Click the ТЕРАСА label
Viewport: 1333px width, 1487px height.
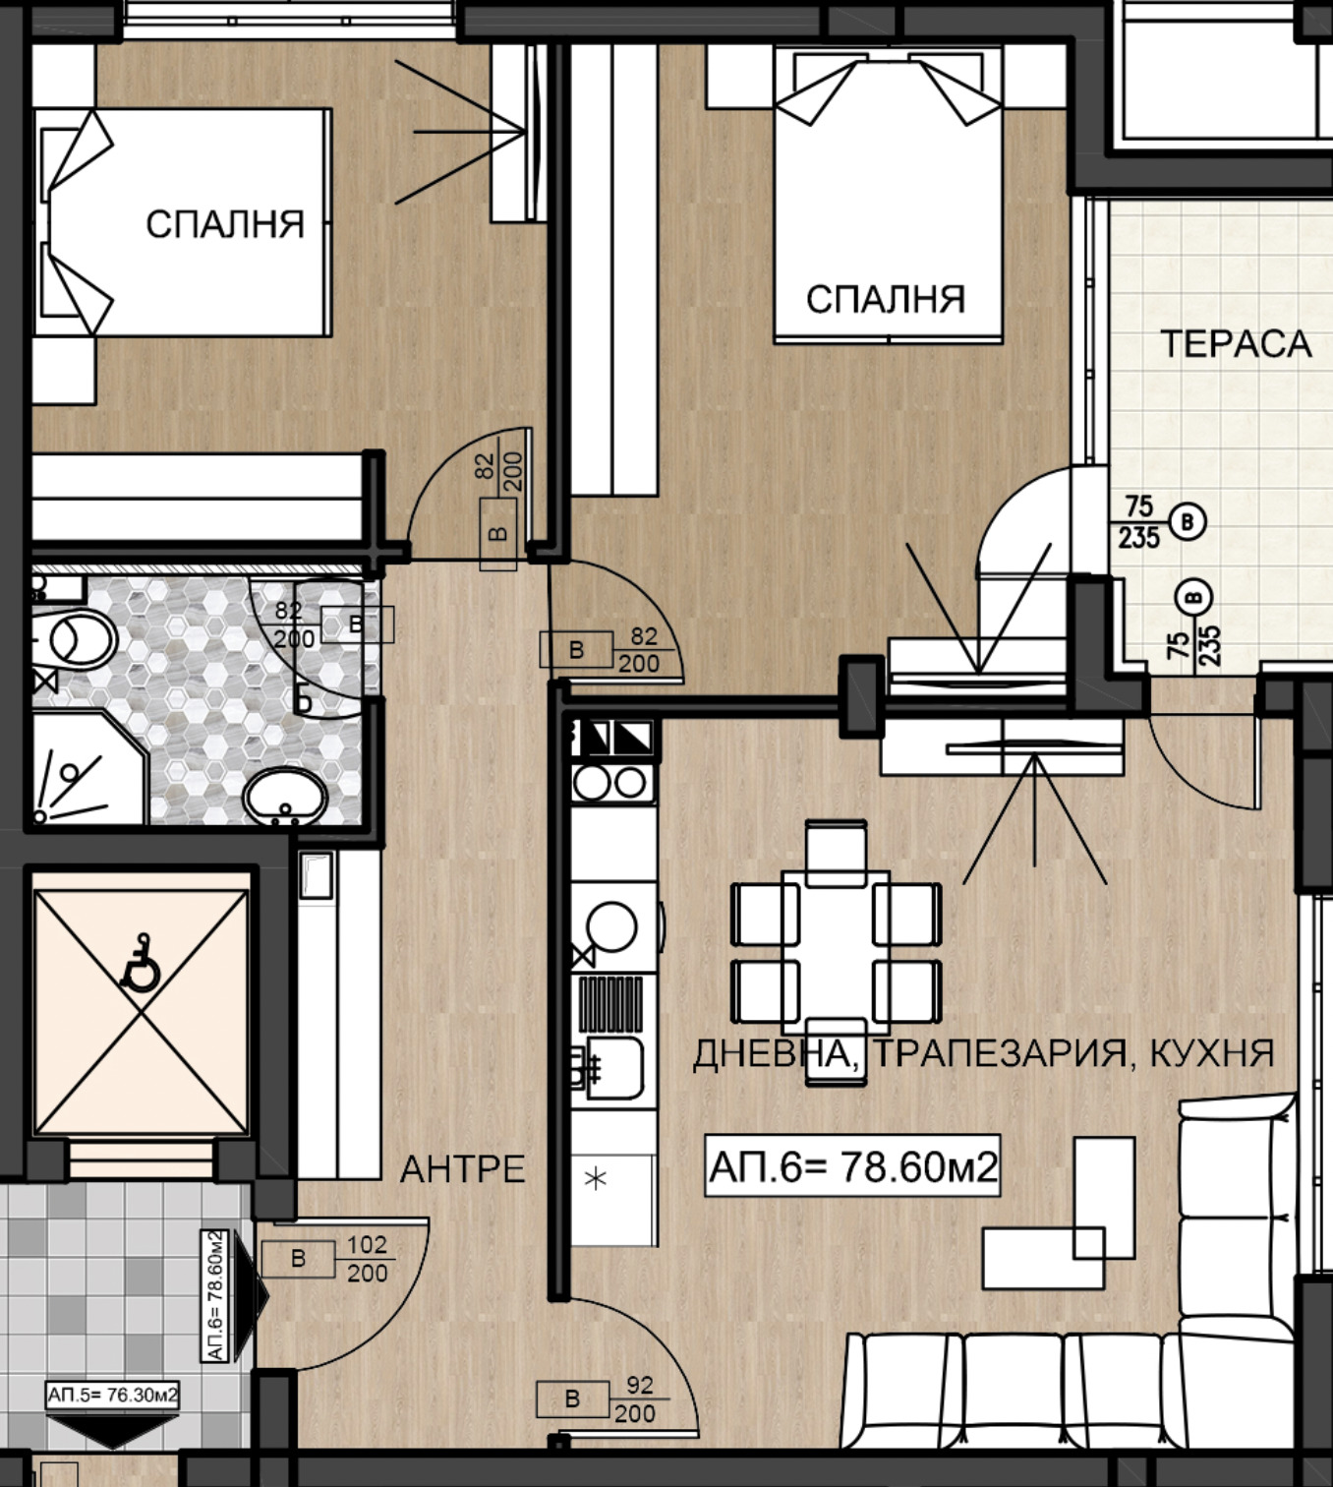[1236, 344]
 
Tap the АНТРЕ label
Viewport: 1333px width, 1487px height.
[463, 1169]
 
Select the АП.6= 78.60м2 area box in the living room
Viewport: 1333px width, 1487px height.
[852, 1165]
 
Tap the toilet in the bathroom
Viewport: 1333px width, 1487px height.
[74, 638]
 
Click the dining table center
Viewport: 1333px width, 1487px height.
[836, 952]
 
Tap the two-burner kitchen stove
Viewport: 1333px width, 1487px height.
[613, 783]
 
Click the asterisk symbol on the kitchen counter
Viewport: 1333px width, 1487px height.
[595, 1179]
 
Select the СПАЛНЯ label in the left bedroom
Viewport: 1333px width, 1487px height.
[224, 224]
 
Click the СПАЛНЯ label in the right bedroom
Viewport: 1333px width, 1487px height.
[886, 299]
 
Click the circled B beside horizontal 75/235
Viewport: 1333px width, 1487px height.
[1188, 522]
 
